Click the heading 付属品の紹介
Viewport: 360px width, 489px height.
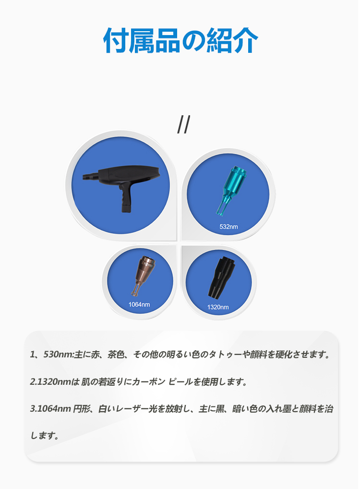click(x=180, y=40)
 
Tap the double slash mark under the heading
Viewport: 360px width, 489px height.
click(x=183, y=124)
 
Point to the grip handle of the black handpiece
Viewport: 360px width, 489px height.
click(x=126, y=199)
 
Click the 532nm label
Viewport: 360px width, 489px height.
click(x=228, y=227)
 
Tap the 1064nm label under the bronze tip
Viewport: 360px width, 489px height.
click(x=139, y=305)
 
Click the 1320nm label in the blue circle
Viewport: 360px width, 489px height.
click(x=218, y=307)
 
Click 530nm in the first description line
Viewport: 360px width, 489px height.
click(x=58, y=355)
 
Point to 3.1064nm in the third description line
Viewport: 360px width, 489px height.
click(x=50, y=409)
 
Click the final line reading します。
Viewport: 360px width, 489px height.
click(x=45, y=436)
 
